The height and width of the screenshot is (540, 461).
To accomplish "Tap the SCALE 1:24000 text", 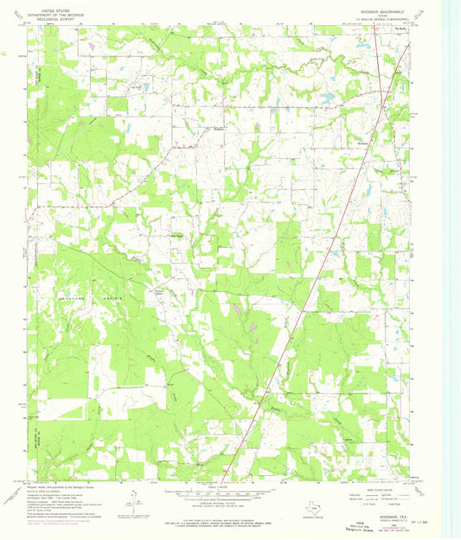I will click(x=230, y=487).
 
